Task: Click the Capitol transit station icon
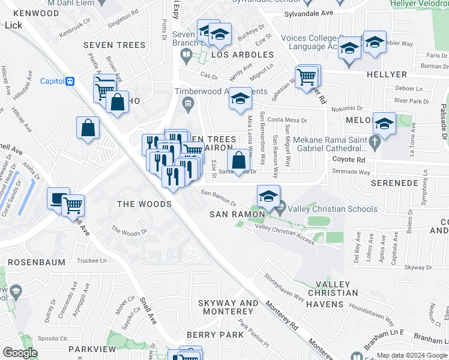70,81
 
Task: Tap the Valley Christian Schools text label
333,209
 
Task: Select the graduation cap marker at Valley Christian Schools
268,196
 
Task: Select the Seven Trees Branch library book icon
186,56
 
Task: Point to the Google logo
20,353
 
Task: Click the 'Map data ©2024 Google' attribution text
411,355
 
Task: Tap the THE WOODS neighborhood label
144,204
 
